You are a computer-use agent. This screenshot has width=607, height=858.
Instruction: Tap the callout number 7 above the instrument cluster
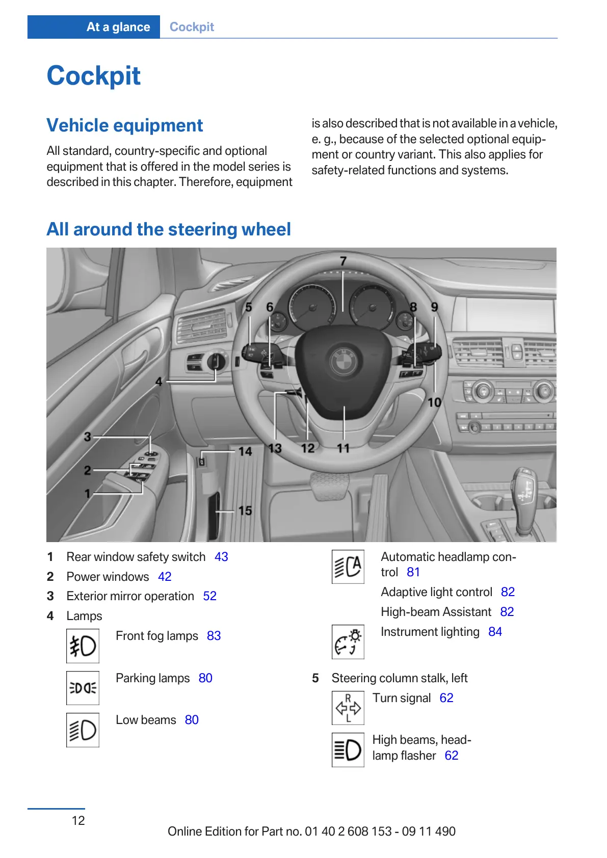344,261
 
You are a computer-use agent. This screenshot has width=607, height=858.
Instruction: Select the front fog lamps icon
83,646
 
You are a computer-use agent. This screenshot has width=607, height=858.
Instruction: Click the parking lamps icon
83,688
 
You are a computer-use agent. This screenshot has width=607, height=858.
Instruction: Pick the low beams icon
83,730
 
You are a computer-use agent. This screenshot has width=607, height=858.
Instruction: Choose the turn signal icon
348,708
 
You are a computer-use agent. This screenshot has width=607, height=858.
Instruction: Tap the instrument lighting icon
348,642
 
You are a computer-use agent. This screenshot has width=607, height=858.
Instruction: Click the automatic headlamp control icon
348,567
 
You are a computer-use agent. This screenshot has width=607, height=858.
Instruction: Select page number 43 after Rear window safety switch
221,557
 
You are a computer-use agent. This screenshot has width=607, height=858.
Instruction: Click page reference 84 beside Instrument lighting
495,632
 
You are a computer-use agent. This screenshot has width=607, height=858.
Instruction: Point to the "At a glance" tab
118,27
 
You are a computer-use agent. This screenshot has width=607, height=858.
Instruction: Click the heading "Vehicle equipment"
125,125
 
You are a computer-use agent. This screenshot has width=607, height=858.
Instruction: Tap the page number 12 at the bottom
78,820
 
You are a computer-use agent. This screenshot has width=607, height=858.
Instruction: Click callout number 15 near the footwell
245,511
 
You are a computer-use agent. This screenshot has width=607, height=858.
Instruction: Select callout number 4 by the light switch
159,382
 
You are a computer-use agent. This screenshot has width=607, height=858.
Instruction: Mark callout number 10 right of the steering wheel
434,403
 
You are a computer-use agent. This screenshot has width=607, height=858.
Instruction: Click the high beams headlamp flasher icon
348,750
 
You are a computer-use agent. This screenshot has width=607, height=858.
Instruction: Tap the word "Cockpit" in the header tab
192,27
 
